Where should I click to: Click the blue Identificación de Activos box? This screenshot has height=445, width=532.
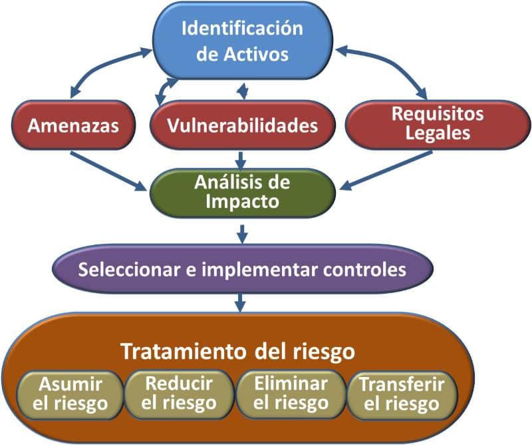pyautogui.click(x=242, y=41)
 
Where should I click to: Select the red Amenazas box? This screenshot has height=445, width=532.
pyautogui.click(x=72, y=124)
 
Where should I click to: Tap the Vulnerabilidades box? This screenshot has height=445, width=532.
pyautogui.click(x=242, y=125)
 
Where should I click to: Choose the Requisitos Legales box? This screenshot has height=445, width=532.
pyautogui.click(x=437, y=123)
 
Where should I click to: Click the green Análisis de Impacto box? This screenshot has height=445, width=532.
pyautogui.click(x=242, y=192)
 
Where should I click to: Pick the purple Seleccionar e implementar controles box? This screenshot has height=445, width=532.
pyautogui.click(x=242, y=270)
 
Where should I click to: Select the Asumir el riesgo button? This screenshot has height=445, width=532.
pyautogui.click(x=70, y=393)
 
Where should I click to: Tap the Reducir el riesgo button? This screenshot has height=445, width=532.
pyautogui.click(x=180, y=393)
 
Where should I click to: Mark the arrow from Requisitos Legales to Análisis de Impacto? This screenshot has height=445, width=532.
pyautogui.click(x=379, y=171)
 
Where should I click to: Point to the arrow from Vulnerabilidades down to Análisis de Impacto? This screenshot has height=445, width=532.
pyautogui.click(x=242, y=159)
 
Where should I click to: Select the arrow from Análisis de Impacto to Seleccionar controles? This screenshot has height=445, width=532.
pyautogui.click(x=242, y=233)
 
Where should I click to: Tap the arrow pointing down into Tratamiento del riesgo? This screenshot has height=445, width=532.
pyautogui.click(x=242, y=301)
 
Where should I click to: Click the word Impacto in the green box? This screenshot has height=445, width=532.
pyautogui.click(x=242, y=202)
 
